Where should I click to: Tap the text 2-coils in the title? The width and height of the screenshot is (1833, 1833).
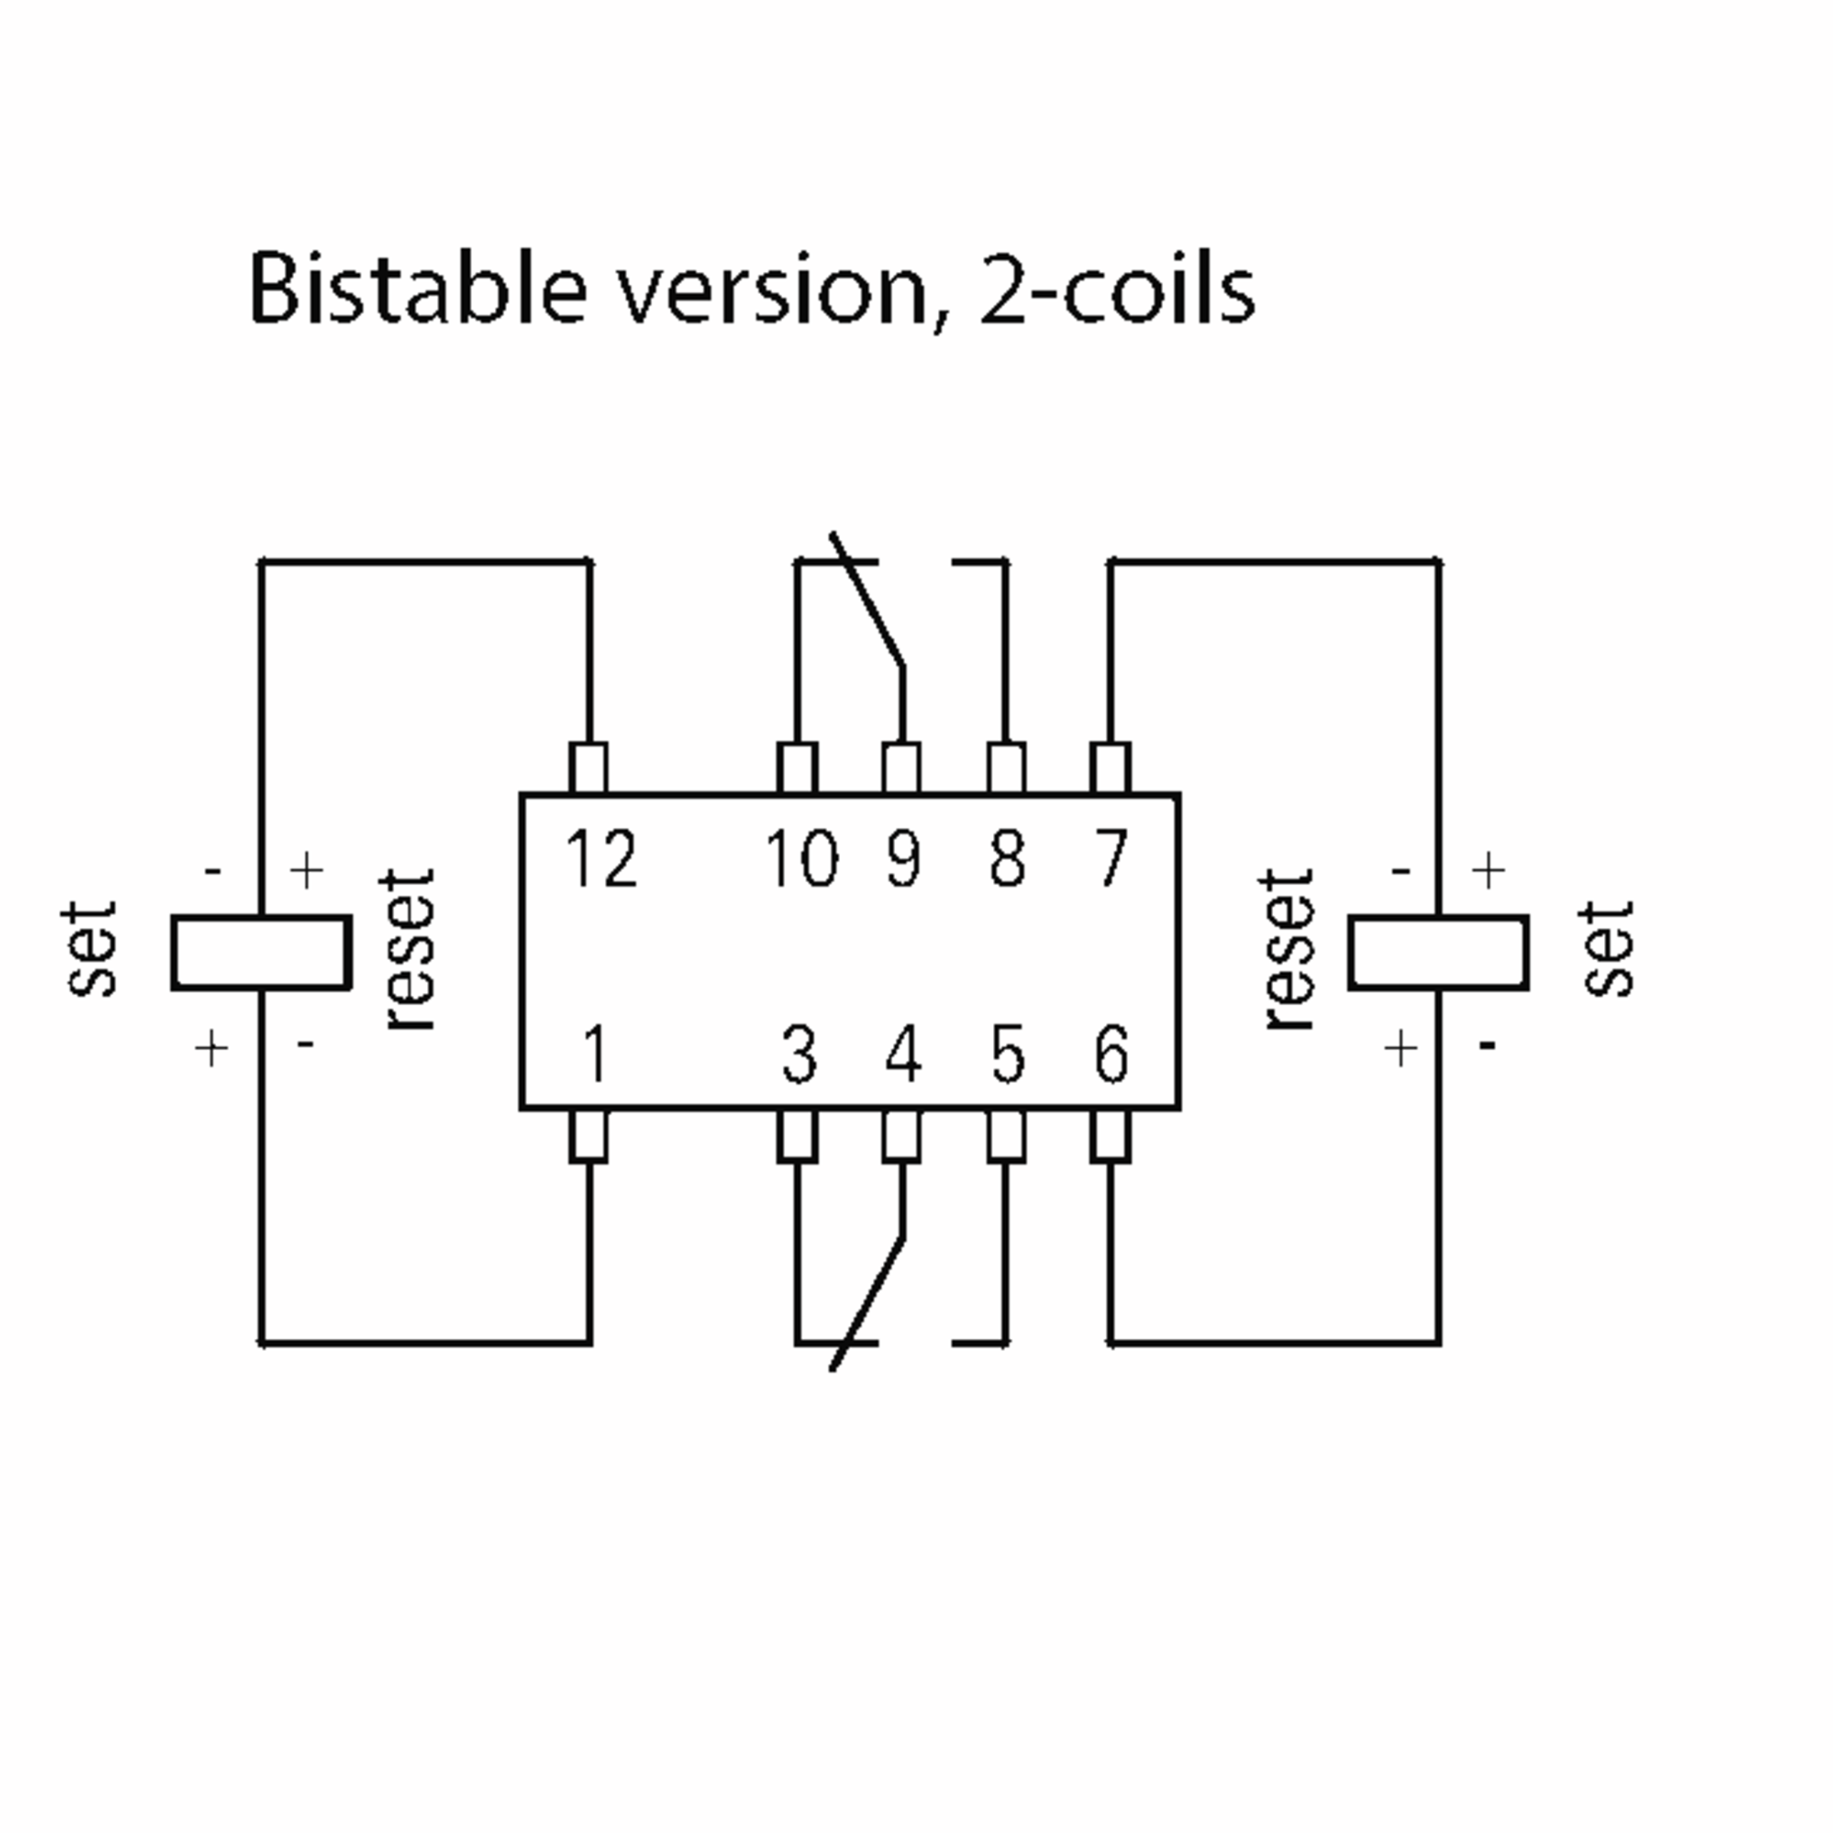pyautogui.click(x=1117, y=289)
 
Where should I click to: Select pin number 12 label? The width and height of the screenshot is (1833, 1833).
pyautogui.click(x=600, y=858)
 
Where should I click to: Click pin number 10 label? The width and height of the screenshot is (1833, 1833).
pyautogui.click(x=802, y=858)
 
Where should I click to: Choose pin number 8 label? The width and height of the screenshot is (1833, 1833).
pyautogui.click(x=1007, y=858)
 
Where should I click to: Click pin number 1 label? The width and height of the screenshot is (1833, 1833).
pyautogui.click(x=595, y=1054)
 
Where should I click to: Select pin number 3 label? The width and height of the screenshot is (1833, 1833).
pyautogui.click(x=799, y=1054)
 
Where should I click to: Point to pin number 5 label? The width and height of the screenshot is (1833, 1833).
pyautogui.click(x=1007, y=1054)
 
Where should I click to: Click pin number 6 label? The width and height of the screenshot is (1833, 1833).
pyautogui.click(x=1111, y=1054)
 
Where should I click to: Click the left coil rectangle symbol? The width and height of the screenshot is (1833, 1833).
pyautogui.click(x=262, y=952)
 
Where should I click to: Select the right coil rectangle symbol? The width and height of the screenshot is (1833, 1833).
pyautogui.click(x=1438, y=952)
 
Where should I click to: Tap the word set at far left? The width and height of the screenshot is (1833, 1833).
pyautogui.click(x=91, y=949)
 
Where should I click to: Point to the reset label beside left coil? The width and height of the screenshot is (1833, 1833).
pyautogui.click(x=408, y=949)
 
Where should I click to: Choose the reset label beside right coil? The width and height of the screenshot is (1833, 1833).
pyautogui.click(x=1288, y=949)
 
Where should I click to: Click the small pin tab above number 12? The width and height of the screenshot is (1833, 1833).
pyautogui.click(x=588, y=768)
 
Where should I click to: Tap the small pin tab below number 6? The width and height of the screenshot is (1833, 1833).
pyautogui.click(x=1110, y=1136)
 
